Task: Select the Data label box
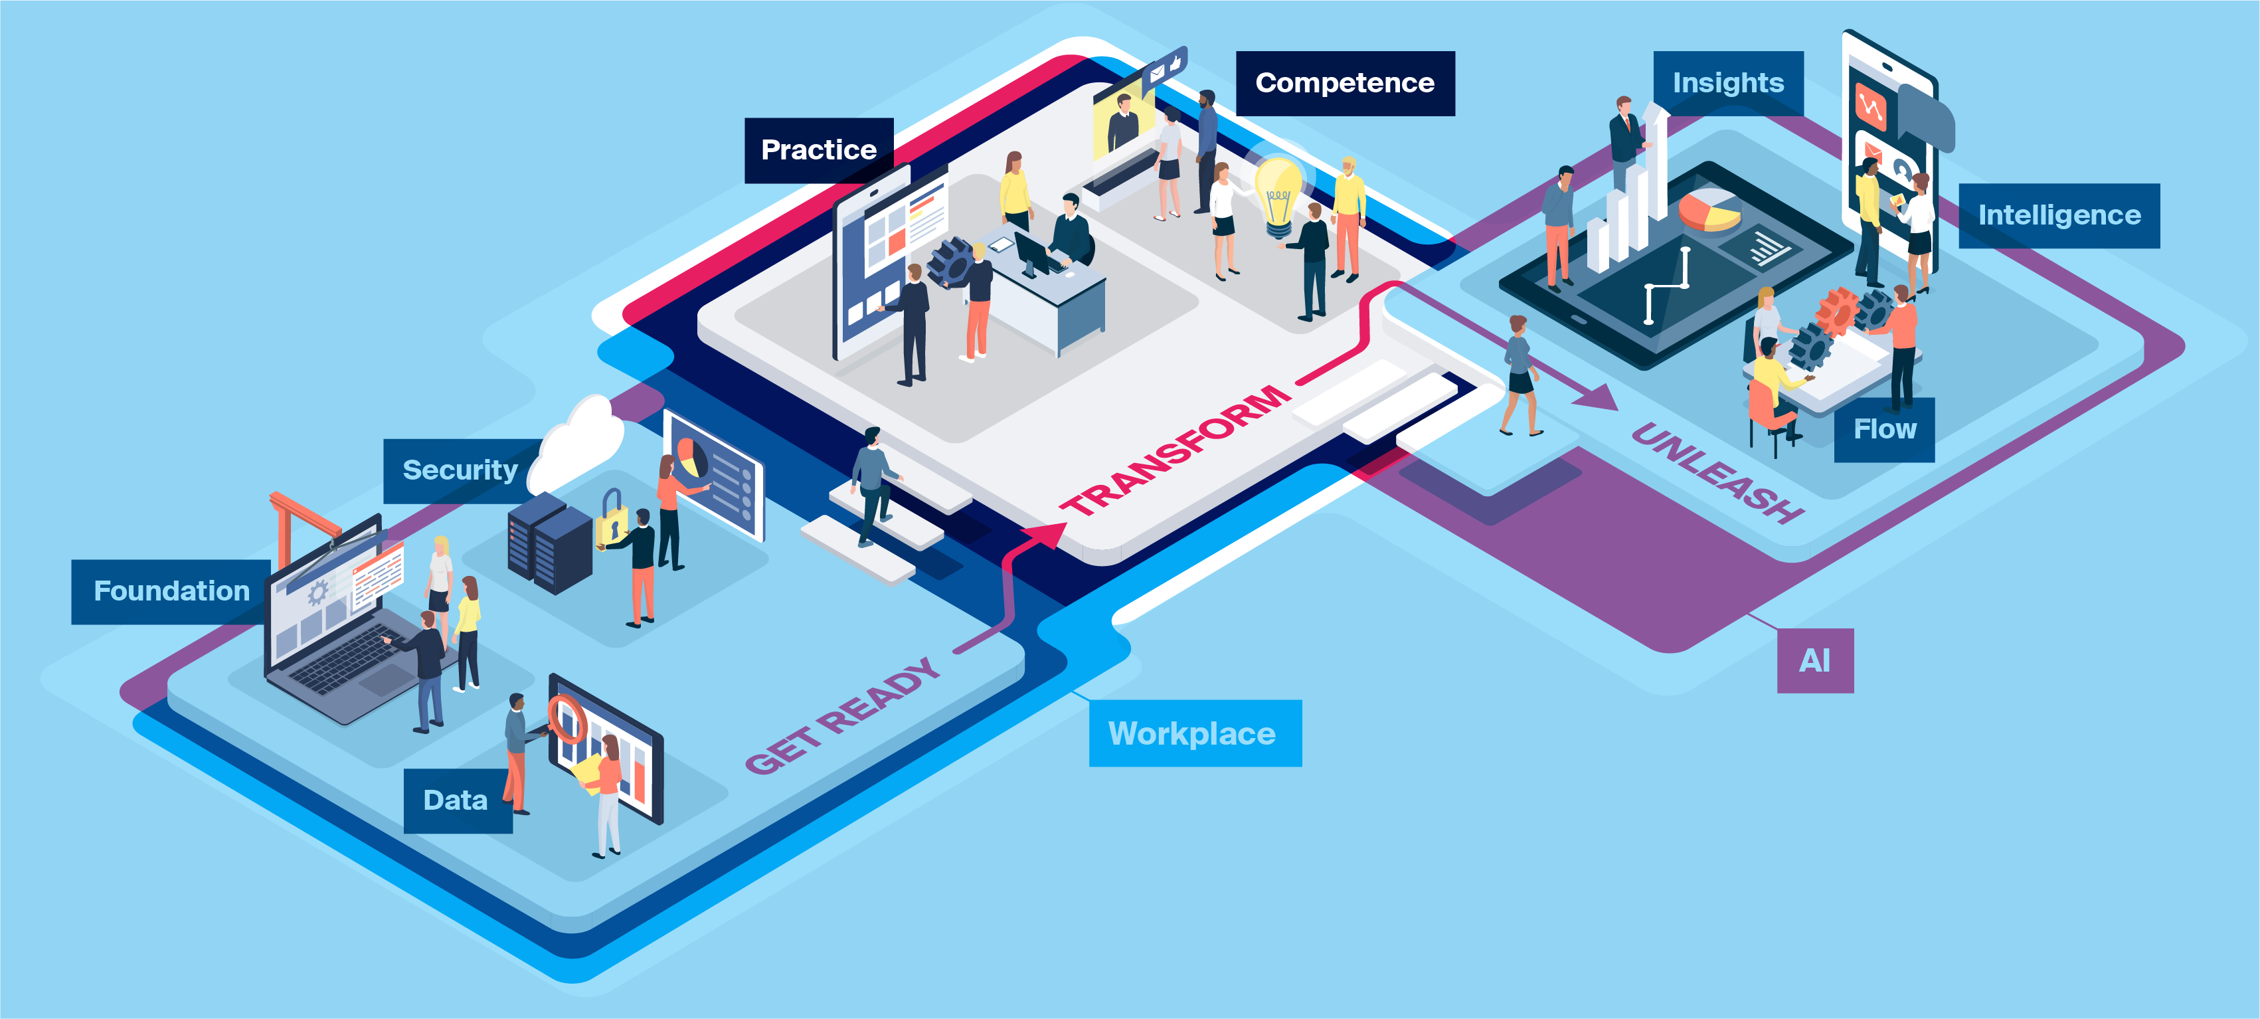click(456, 800)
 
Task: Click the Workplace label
click(1193, 734)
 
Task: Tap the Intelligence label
click(2058, 216)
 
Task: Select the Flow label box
click(1883, 429)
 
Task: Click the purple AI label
click(1814, 661)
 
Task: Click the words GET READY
click(842, 716)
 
